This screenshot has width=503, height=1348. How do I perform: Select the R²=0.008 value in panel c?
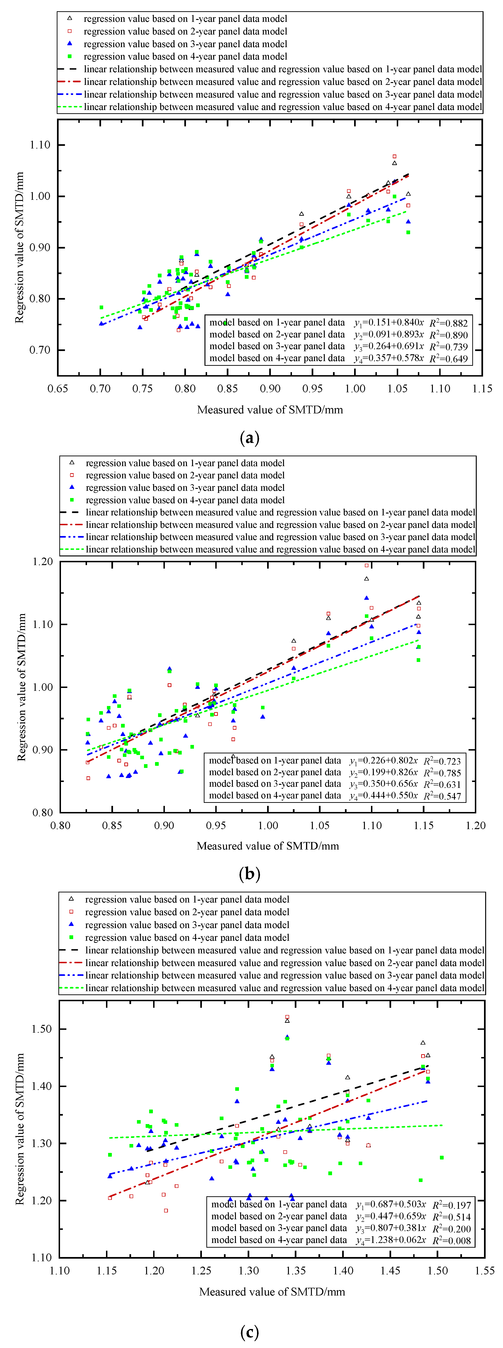pos(452,1240)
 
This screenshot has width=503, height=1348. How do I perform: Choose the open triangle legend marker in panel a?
pos(69,18)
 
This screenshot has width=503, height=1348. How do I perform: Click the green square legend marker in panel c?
pos(71,937)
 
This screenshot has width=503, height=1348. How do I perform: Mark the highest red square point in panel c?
pos(287,1017)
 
